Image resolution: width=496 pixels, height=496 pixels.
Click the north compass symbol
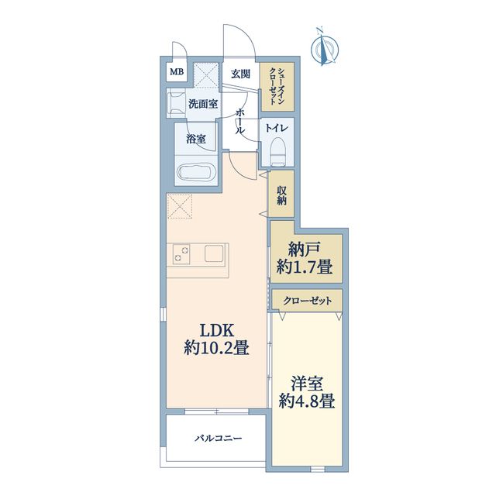pyautogui.click(x=324, y=49)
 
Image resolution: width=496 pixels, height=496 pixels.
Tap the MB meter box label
pyautogui.click(x=177, y=72)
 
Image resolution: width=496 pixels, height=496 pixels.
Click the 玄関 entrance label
pyautogui.click(x=240, y=74)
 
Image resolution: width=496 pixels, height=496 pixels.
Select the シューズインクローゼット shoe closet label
pyautogui.click(x=277, y=86)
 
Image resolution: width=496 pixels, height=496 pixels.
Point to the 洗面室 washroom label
pyautogui.click(x=203, y=104)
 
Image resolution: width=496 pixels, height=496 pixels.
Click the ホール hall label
pyautogui.click(x=240, y=121)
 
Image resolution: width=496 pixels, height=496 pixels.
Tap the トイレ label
pyautogui.click(x=277, y=128)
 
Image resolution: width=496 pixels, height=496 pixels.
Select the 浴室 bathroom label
pyautogui.click(x=196, y=139)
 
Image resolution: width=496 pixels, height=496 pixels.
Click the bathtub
pyautogui.click(x=196, y=172)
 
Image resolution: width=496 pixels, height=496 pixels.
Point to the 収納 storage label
pyautogui.click(x=281, y=195)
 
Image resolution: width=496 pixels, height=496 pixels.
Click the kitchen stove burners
pyautogui.click(x=181, y=254)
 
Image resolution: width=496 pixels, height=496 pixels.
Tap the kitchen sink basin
pyautogui.click(x=214, y=253)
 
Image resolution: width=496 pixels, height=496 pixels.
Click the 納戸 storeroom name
pyautogui.click(x=305, y=250)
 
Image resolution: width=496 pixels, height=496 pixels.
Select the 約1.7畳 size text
pyautogui.click(x=305, y=267)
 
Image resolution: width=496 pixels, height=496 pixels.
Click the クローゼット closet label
pyautogui.click(x=307, y=301)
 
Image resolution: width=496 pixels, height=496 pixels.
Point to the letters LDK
pyautogui.click(x=216, y=331)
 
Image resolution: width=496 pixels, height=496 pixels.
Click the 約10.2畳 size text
pyautogui.click(x=217, y=348)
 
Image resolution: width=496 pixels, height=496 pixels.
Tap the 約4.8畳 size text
pyautogui.click(x=307, y=401)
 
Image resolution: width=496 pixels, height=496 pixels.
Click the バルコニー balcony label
pyautogui.click(x=219, y=438)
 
